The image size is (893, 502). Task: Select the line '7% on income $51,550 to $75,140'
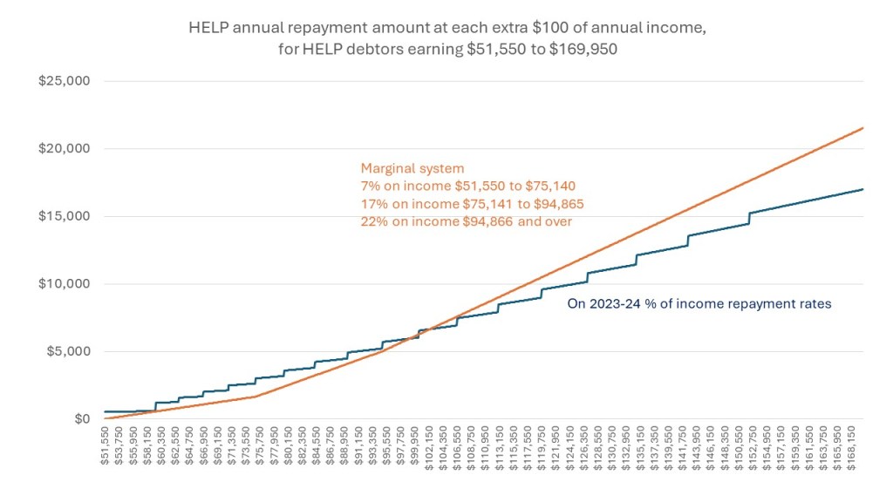point(468,186)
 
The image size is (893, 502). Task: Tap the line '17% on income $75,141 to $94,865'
point(472,203)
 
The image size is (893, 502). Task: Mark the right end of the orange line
point(863,128)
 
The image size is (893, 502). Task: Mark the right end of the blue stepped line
point(863,189)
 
